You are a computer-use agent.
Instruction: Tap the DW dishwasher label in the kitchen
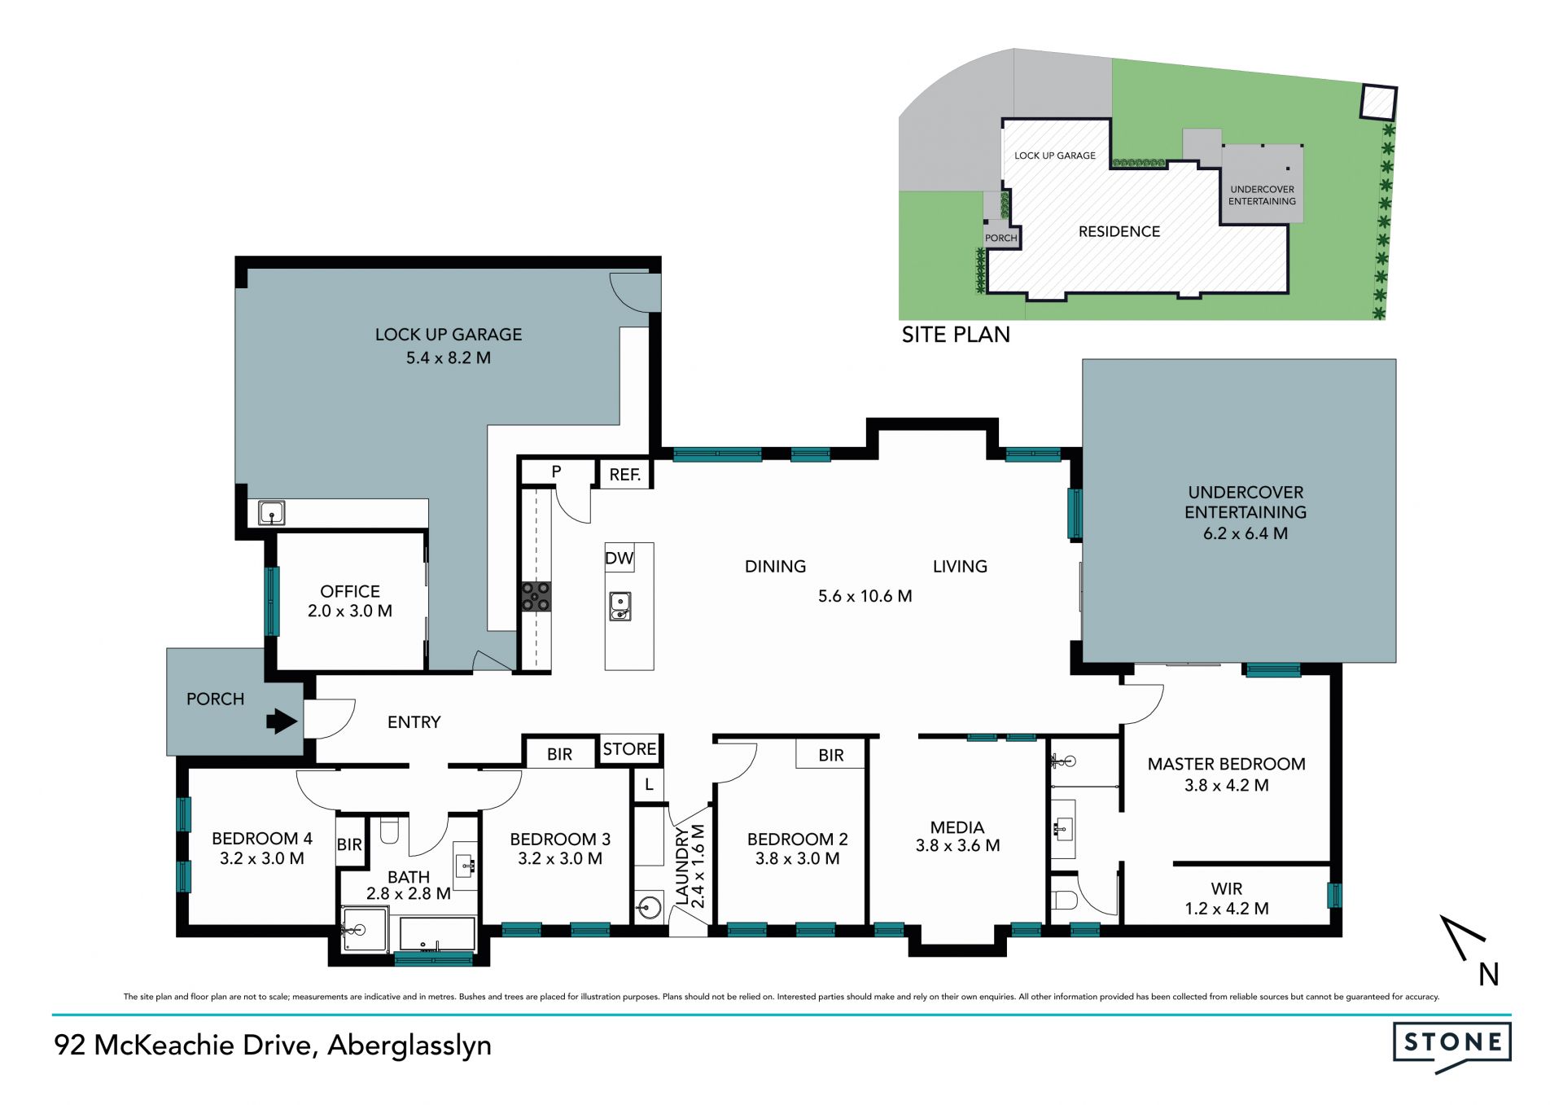pos(619,559)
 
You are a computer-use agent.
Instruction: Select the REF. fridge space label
pos(625,475)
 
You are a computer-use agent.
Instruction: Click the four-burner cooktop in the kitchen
pos(536,596)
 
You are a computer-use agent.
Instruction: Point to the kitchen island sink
pos(620,606)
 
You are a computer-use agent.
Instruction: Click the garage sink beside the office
pos(271,513)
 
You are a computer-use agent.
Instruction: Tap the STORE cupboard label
pos(629,749)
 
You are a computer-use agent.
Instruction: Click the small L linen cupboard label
pos(649,785)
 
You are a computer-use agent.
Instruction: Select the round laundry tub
pos(649,907)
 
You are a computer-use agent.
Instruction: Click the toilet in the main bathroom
pos(389,830)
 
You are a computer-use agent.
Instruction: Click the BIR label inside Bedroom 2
pos(831,756)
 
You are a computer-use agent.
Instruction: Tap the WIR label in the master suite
pos(1226,889)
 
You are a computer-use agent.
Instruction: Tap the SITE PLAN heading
pos(956,335)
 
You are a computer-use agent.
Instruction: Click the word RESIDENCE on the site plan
pos(1119,232)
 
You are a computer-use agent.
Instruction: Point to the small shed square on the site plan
pos(1378,103)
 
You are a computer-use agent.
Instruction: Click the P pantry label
pos(556,471)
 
